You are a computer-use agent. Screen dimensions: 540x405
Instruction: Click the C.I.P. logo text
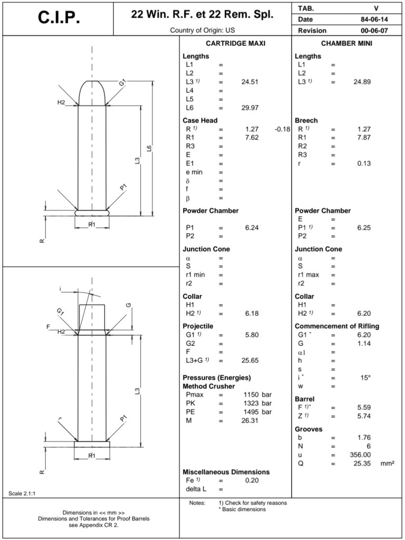coord(59,18)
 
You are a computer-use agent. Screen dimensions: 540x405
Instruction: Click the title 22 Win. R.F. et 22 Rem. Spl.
coord(202,14)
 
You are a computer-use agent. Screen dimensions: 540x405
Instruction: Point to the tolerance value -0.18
coord(283,129)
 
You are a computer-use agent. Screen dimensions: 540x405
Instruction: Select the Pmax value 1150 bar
coord(257,395)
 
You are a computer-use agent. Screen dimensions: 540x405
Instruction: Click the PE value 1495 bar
coord(257,412)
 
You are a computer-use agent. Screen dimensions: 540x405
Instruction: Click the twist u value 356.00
coord(360,454)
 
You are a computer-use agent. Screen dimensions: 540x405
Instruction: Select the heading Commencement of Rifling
coord(337,326)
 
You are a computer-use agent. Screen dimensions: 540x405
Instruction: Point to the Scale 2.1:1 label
coord(23,494)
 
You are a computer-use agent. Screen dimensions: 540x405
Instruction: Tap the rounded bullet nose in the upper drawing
coord(92,91)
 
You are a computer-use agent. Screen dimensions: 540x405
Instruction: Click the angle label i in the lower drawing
coord(61,288)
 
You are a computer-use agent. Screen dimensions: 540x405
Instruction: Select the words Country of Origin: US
coord(202,30)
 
